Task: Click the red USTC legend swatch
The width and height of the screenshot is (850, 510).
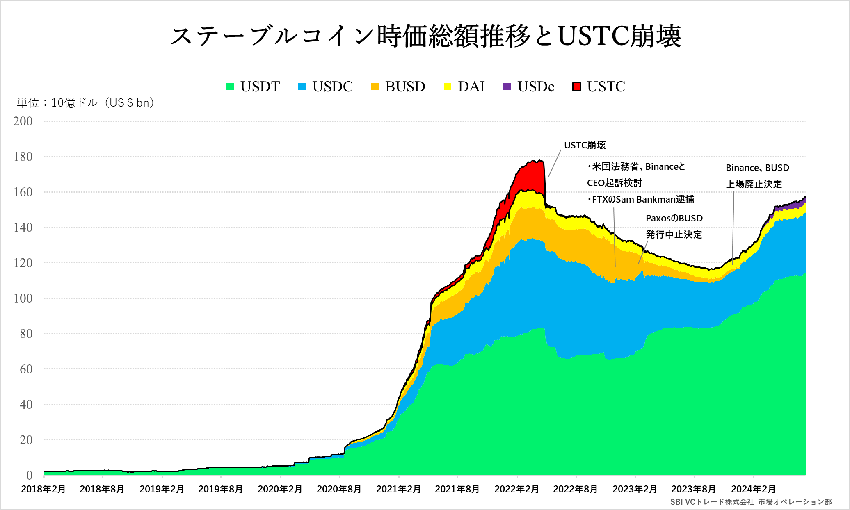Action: [x=577, y=87]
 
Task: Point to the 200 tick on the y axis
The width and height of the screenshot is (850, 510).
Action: [x=23, y=121]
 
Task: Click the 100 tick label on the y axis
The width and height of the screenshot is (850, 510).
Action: [x=23, y=298]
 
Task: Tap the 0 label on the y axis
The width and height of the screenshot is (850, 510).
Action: [x=29, y=475]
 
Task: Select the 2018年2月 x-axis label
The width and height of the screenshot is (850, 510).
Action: [x=43, y=489]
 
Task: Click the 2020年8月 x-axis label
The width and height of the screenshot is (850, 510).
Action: [x=339, y=489]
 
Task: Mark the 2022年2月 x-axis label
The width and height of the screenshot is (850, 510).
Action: [x=516, y=489]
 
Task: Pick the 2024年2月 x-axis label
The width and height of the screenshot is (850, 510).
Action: [x=753, y=489]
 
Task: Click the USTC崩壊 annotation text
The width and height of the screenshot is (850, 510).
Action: [x=585, y=145]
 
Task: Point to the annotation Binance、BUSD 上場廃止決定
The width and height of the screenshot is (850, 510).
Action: [x=757, y=176]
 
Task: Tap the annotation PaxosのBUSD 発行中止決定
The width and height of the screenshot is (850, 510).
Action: [x=674, y=226]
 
